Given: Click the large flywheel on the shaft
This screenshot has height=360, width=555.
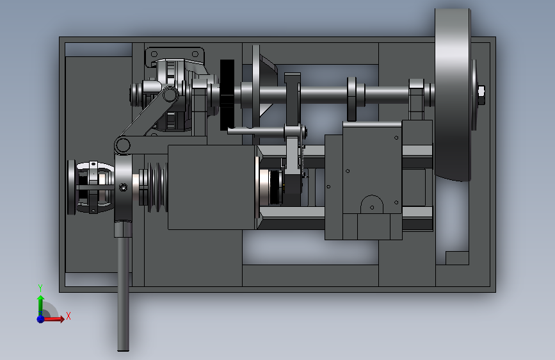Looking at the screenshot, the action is click(x=453, y=95).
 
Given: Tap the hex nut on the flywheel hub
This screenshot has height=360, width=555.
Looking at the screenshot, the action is click(x=481, y=92).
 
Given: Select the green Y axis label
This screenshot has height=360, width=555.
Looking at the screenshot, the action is click(x=40, y=288).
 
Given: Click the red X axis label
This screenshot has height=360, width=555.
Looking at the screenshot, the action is click(x=68, y=316).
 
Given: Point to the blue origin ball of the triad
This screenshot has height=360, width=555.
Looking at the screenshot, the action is click(x=41, y=319).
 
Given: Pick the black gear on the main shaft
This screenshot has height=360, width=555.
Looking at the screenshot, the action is click(x=227, y=95).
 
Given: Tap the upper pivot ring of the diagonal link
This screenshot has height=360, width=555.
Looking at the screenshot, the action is click(x=170, y=95).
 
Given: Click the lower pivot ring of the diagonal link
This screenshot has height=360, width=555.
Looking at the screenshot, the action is click(x=122, y=145).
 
